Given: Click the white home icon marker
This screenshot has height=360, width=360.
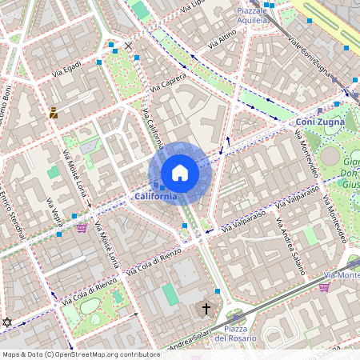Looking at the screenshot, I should click(180, 173).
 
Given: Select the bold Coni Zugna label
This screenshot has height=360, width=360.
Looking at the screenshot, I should click(319, 122).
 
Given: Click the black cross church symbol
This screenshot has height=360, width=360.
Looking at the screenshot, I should click(206, 308).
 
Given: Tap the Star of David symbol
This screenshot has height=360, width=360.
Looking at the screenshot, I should click(8, 322).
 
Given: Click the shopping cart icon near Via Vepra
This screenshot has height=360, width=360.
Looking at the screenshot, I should click(82, 228).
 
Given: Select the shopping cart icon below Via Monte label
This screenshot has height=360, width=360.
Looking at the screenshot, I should click(324, 286).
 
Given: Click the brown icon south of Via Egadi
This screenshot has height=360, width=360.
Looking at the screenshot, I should click(54, 113).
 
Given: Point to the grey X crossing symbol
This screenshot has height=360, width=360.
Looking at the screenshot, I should click(128, 46).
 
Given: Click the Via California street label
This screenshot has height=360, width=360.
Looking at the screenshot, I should click(153, 128).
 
